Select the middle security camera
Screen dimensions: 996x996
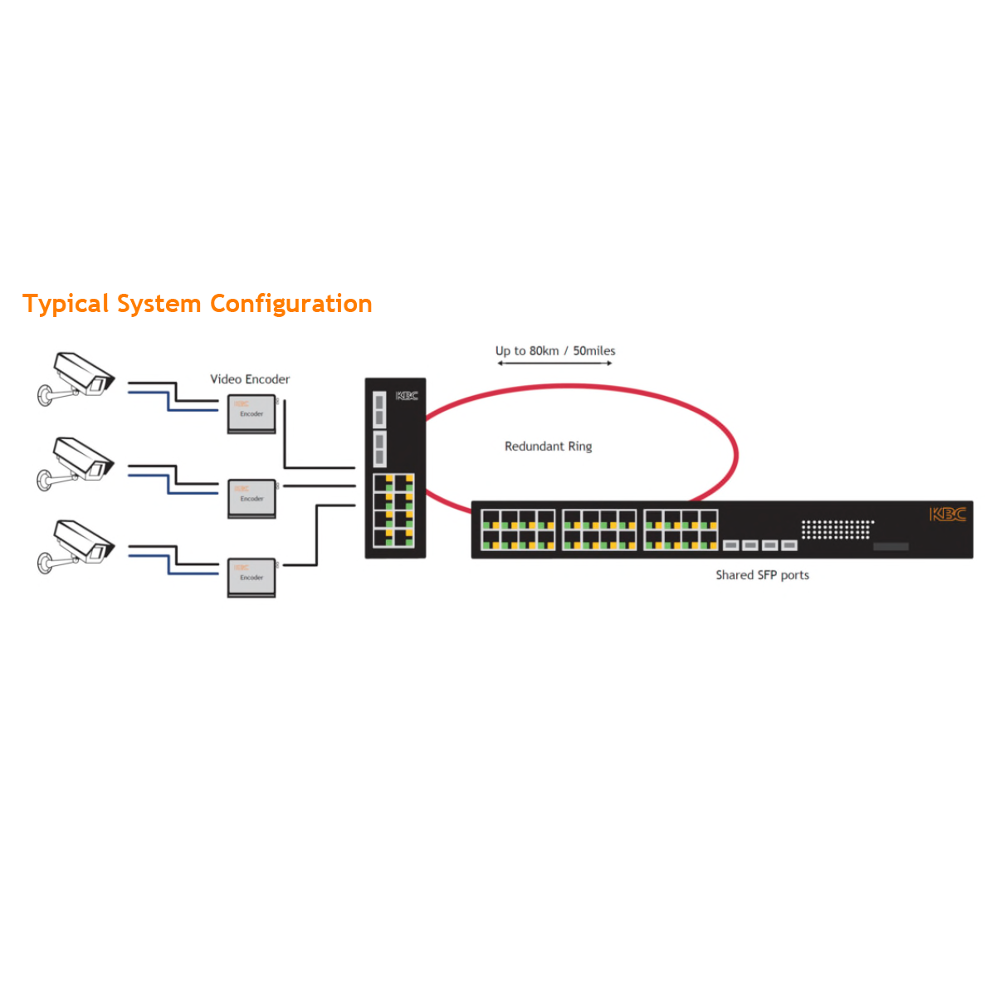(x=77, y=464)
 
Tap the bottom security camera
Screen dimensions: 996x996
(x=77, y=545)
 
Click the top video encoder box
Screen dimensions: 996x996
(x=251, y=413)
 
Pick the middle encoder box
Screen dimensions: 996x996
(x=251, y=498)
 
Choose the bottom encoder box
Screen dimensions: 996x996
(x=251, y=577)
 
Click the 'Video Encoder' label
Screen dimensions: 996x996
(x=250, y=379)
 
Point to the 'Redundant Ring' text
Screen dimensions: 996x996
(x=548, y=447)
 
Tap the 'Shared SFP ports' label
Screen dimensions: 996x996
(x=762, y=575)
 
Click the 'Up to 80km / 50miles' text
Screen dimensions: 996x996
(x=555, y=351)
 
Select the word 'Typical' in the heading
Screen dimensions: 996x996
(x=66, y=304)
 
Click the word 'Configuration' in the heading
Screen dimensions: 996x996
(x=290, y=304)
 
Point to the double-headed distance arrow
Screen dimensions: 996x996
(x=554, y=364)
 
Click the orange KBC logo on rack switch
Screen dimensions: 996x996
(x=947, y=515)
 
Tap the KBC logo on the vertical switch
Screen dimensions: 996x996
(x=407, y=396)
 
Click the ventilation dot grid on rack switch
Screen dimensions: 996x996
(x=837, y=529)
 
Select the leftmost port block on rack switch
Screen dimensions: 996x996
(x=519, y=530)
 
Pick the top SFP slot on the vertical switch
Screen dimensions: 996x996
(x=379, y=408)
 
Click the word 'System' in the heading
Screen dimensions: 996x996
(x=159, y=304)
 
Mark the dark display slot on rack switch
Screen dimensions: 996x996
(x=891, y=546)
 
